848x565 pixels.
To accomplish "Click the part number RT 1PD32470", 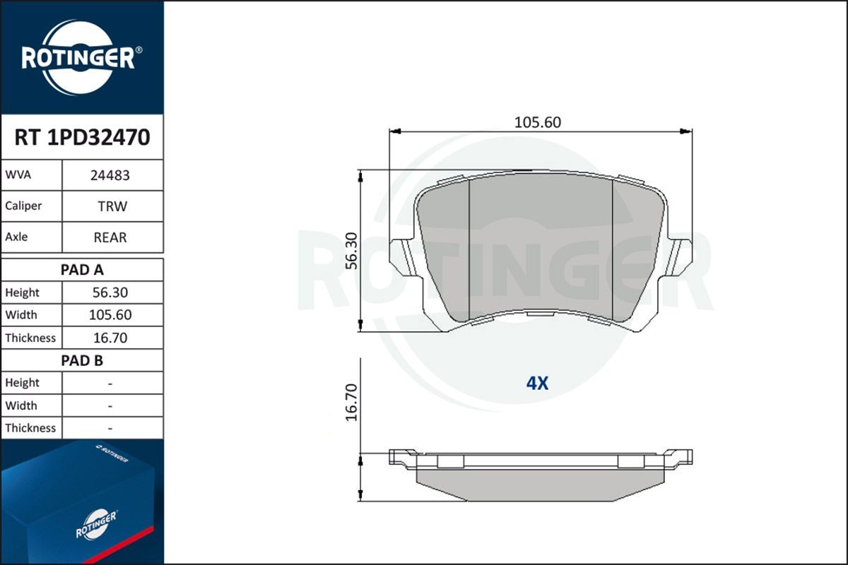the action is pos(82,138).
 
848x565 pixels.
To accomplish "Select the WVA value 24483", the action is pos(110,176).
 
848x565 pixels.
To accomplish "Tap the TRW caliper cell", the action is pos(112,207).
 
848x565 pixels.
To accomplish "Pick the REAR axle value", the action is pos(110,238).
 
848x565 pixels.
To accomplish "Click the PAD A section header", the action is pos(82,270).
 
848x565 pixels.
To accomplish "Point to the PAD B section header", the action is pos(82,361).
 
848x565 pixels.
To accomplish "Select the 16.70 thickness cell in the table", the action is pos(110,338).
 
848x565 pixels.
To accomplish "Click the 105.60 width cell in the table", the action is pos(110,315).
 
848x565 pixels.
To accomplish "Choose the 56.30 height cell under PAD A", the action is pos(110,292).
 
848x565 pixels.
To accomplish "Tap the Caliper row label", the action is pos(23,206).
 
